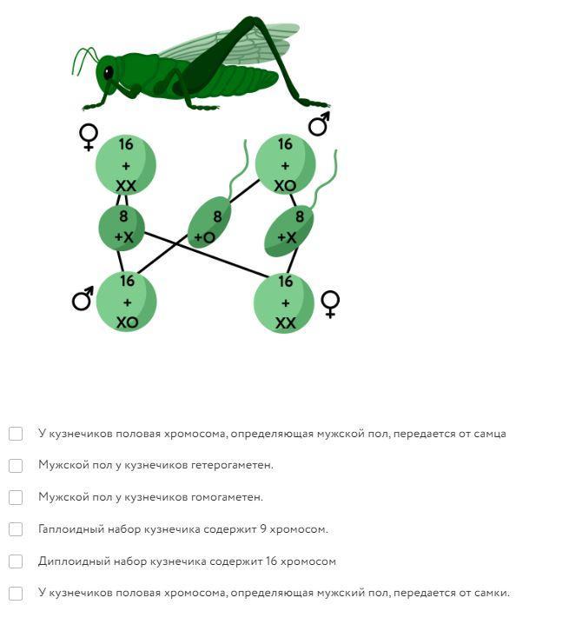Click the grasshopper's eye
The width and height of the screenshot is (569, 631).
coord(109,73)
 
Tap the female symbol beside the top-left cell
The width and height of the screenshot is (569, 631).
coord(88,137)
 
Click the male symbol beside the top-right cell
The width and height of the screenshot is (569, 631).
coord(319,124)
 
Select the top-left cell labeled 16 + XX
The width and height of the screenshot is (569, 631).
coord(126,164)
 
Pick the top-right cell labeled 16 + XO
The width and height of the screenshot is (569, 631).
coord(285,164)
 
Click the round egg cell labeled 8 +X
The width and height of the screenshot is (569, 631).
coord(122,227)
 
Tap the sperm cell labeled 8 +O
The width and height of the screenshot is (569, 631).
coord(209,223)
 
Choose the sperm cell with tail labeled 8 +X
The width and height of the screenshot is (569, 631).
coord(289,229)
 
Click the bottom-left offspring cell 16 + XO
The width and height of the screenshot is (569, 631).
coord(127,301)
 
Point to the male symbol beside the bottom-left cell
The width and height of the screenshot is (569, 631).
coord(83,300)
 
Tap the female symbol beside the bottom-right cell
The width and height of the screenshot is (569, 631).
coord(330,303)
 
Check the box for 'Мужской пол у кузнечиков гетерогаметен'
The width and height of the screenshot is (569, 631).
coord(16,465)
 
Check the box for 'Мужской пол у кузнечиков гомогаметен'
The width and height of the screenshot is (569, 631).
coord(16,497)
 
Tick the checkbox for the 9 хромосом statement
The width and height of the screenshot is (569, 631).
coord(16,529)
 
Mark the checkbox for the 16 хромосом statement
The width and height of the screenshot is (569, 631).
coord(16,561)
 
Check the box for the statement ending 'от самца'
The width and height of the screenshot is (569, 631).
coord(16,433)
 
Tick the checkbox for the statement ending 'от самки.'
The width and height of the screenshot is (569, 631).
coord(16,594)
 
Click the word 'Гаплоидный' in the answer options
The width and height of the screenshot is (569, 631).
coord(64,529)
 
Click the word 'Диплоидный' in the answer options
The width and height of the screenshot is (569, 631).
coord(65,561)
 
